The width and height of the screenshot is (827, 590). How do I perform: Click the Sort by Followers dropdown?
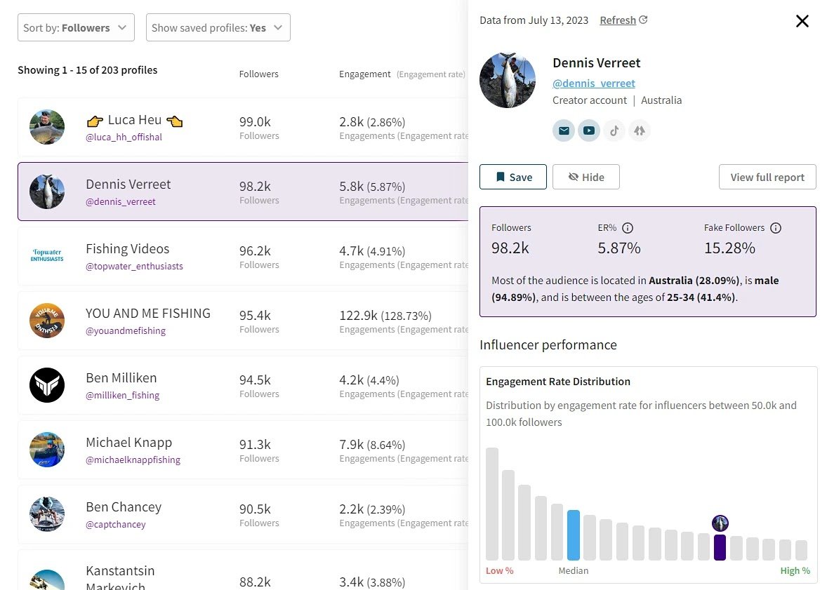76,28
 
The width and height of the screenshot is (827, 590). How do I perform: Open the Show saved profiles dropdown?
218,28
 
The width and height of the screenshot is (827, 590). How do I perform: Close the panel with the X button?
802,21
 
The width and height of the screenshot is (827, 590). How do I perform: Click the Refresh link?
623,20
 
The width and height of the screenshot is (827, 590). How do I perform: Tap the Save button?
513,177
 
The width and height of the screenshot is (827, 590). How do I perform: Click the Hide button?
585,177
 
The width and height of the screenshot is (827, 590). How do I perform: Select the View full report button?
767,177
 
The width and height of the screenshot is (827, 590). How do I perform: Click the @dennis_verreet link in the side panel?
593,83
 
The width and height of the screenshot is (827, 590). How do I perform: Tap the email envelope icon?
563,130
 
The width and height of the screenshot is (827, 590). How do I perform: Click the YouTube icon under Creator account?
588,130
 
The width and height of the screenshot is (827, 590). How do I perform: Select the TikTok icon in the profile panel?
614,130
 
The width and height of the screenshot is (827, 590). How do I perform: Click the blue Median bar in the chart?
573,535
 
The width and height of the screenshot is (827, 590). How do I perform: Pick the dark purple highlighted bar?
720,547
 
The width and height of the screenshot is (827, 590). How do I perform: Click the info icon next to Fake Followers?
775,228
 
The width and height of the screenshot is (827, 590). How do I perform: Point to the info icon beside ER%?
628,228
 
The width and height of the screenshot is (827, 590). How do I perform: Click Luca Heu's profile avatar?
47,127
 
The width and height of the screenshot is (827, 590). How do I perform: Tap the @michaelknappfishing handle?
133,460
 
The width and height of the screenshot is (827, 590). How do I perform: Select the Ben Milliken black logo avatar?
47,385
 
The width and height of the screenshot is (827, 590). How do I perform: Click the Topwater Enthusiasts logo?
47,255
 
